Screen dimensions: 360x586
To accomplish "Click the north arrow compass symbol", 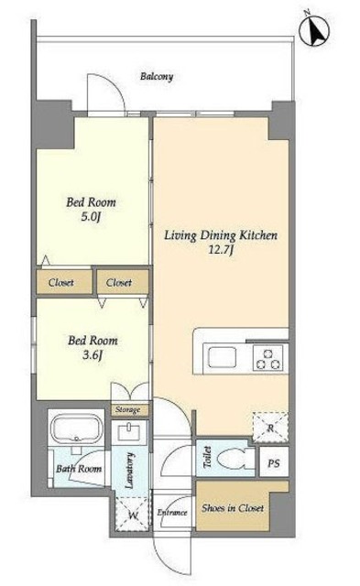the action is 314,32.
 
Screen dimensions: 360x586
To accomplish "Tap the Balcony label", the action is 157,77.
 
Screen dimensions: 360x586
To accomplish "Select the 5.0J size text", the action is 91,217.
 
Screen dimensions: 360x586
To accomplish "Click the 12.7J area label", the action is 221,250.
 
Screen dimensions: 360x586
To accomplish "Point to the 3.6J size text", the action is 93,355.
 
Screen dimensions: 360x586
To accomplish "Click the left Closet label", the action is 61,283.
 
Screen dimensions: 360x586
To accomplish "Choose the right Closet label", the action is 119,283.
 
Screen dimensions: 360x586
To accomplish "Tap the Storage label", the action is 127,409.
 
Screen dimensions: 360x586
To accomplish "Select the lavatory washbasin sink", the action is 129,432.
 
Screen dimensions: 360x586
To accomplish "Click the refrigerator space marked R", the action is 270,428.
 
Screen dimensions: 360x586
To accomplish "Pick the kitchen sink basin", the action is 223,357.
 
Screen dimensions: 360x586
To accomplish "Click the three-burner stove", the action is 267,358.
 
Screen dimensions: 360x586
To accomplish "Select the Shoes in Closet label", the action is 233,508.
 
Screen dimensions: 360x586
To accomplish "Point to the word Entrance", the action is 172,513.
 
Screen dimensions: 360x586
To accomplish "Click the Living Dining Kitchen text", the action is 221,235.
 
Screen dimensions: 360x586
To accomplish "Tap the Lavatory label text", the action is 129,471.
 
